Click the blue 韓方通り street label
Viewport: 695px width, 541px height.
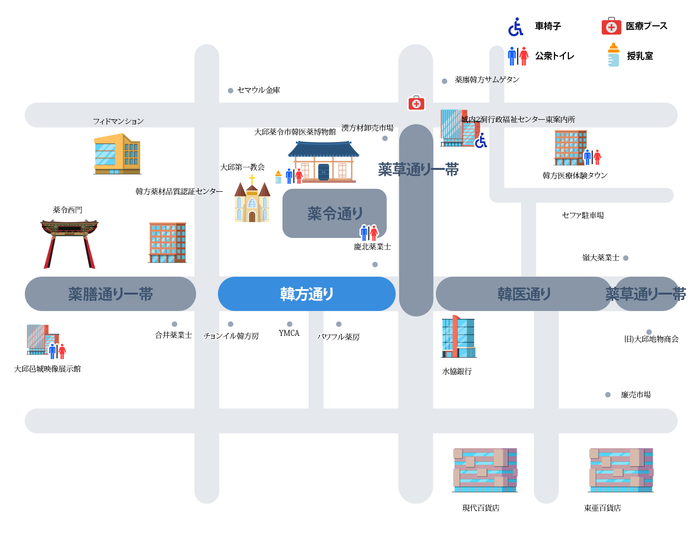coord(306,294)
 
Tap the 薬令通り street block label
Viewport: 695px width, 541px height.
coord(335,213)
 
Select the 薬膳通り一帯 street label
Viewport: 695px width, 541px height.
coord(110,294)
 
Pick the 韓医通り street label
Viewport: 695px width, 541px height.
coord(524,294)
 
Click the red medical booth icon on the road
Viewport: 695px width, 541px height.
coord(416,103)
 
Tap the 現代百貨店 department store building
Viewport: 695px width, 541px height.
coord(485,469)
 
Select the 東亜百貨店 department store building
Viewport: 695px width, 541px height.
coord(621,469)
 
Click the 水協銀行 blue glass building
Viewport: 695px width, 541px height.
coord(459,336)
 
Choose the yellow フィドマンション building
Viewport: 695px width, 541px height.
coord(117,154)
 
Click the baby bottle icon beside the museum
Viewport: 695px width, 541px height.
coord(278,177)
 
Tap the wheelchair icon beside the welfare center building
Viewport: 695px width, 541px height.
coord(481,141)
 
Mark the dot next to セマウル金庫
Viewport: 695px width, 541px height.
coord(230,90)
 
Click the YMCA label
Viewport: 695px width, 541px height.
coord(289,333)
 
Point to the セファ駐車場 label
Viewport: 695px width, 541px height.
coord(583,215)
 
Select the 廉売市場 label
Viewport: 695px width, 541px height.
coord(635,394)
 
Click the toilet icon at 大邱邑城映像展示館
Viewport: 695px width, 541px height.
coord(58,351)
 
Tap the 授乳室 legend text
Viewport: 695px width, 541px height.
coord(640,56)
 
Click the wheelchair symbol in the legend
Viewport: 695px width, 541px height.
coord(516,26)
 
